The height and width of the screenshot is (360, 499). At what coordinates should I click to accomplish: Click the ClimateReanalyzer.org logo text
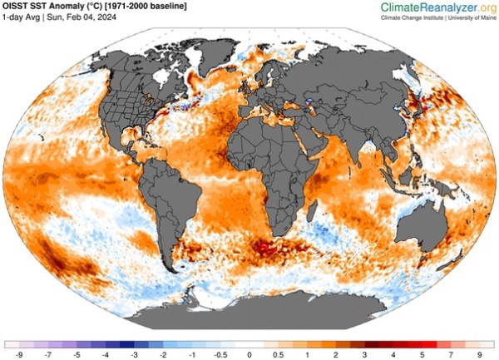point(437,7)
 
